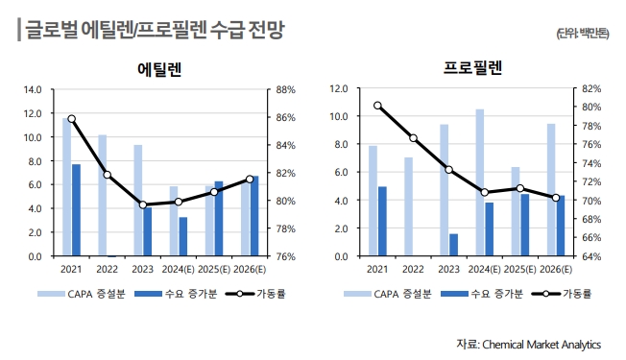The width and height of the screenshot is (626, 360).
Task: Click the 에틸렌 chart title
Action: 160,69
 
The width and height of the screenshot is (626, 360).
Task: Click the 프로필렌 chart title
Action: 471,68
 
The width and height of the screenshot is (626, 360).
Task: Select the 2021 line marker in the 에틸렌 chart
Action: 71,119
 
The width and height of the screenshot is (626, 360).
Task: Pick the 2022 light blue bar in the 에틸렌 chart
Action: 103,195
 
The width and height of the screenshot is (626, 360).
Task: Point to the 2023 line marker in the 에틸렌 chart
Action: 143,204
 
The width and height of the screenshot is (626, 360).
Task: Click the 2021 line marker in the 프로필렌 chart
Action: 378,106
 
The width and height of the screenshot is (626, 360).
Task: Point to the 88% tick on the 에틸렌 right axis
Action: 285,89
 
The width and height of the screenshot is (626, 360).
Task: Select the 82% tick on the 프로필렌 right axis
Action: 590,88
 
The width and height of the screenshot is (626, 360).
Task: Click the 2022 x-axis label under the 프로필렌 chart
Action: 413,270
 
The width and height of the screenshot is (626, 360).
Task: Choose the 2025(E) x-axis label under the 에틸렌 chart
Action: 216,270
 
